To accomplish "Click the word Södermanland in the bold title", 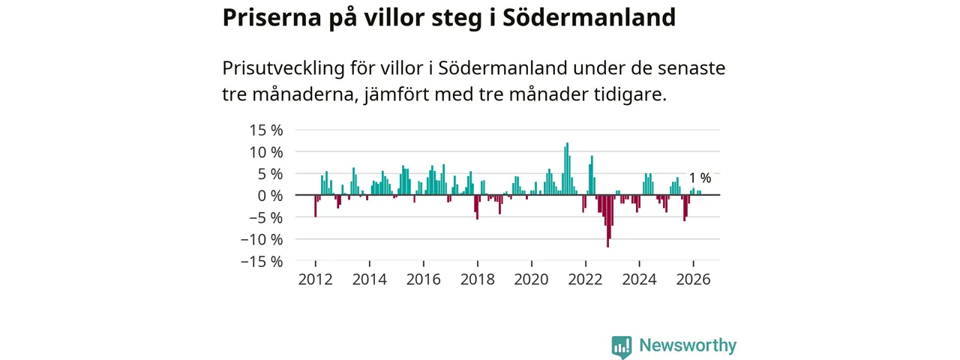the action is tap(589, 17).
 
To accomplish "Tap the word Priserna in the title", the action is tap(271, 17).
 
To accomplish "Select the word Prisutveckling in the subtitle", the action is tap(283, 68).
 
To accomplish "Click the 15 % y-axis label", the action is tap(266, 130).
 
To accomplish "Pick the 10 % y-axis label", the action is tap(266, 151).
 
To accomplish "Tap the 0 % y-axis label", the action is tap(270, 196).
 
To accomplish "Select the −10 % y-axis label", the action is tap(262, 239).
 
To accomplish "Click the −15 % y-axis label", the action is tap(262, 261).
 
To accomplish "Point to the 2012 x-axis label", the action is tap(316, 280).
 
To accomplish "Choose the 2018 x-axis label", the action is tap(478, 280).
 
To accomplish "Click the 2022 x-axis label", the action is tap(586, 280).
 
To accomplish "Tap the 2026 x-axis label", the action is tap(694, 280).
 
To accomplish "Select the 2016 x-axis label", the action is tap(424, 280).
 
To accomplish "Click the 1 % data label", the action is tap(700, 178).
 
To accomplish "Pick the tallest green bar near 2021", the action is tap(568, 169).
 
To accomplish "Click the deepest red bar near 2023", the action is tap(607, 221).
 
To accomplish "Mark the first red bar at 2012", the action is tap(316, 206).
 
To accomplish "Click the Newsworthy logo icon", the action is tap(622, 346).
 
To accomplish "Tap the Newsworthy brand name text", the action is tap(688, 345).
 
